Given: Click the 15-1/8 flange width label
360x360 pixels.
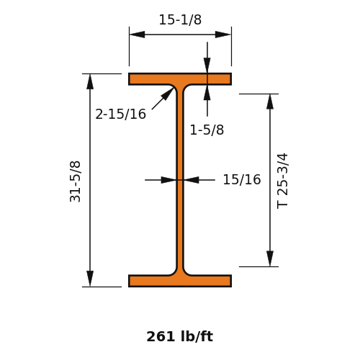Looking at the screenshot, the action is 180,19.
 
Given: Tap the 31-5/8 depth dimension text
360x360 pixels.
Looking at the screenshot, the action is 75,181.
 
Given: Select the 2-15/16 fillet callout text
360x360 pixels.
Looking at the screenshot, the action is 120,114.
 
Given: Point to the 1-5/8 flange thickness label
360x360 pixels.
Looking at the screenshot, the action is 207,130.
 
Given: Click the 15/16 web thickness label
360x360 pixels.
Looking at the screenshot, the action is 242,179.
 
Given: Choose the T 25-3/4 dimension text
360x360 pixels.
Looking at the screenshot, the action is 282,181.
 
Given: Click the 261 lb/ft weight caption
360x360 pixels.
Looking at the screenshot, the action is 180,336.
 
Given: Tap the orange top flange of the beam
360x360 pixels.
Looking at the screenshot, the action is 180,79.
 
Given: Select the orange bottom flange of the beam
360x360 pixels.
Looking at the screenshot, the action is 180,281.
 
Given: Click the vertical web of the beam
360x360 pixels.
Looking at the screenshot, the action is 180,180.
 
